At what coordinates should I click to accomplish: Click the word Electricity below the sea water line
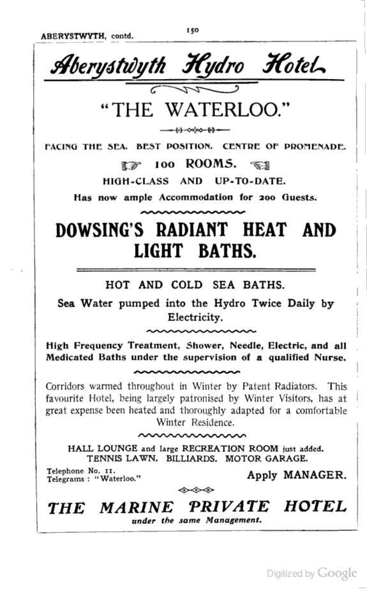(x=195, y=318)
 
